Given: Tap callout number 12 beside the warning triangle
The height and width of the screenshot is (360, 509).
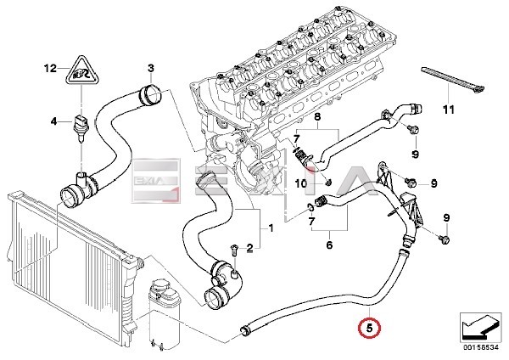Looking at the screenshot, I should pos(50,67).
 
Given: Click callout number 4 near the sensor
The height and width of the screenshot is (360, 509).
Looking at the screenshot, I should pos(53,121).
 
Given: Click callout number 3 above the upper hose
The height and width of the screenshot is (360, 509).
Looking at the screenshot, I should pos(150,67).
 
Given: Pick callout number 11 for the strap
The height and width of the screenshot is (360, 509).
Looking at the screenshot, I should pos(449,110).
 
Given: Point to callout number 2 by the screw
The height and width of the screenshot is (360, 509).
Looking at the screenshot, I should pos(249,248).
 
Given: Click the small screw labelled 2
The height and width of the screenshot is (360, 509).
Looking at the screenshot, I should pos(232,247).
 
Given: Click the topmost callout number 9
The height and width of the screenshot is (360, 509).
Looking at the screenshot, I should pos(416,154).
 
